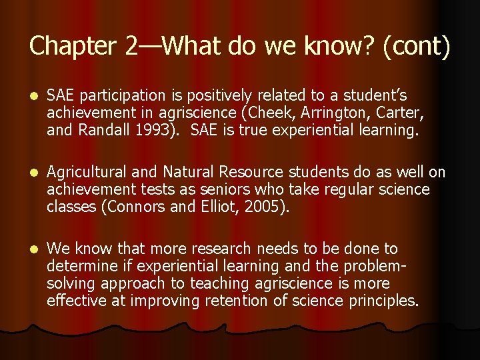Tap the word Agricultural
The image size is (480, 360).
click(86, 173)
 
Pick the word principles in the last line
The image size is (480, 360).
click(383, 301)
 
